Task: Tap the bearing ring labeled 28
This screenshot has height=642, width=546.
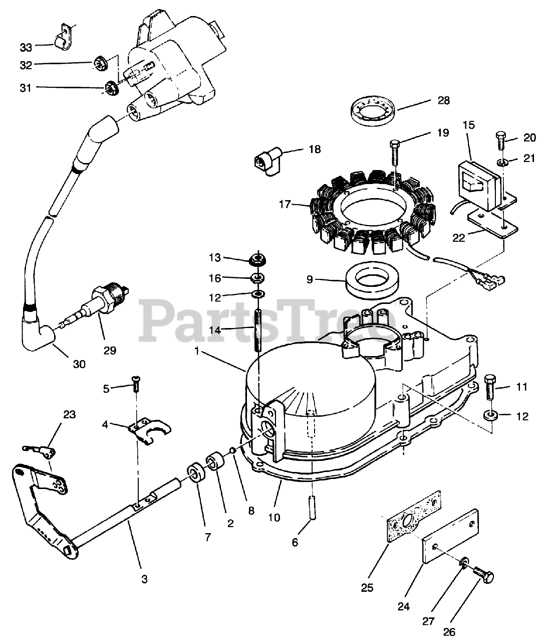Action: pos(373,111)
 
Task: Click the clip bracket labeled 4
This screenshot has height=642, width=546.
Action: pos(148,432)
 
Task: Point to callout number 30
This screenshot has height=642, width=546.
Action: pos(79,364)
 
